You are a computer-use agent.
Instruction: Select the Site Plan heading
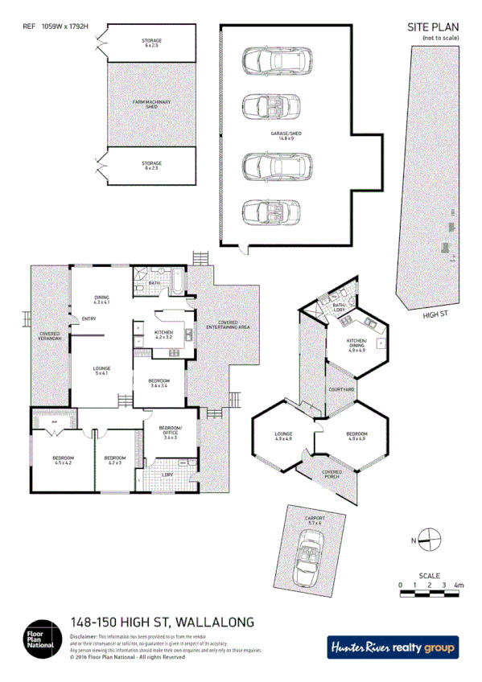click(x=434, y=27)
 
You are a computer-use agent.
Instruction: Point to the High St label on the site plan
click(x=435, y=316)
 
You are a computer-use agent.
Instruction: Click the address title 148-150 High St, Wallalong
click(x=163, y=622)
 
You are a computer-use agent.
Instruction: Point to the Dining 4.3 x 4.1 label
click(x=101, y=299)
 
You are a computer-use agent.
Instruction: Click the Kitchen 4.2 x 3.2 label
click(x=164, y=335)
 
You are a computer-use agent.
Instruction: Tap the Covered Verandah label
click(x=50, y=336)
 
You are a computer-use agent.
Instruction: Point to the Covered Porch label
click(x=332, y=474)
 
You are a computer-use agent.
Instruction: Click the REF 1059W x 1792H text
click(x=55, y=27)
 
